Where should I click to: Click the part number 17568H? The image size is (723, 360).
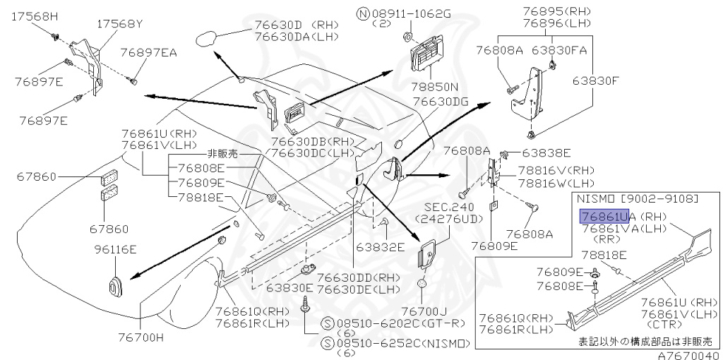pyautogui.click(x=35, y=16)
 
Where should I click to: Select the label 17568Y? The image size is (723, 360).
pyautogui.click(x=119, y=23)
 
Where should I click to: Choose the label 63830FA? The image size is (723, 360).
pyautogui.click(x=559, y=51)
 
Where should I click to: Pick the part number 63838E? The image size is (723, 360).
pyautogui.click(x=546, y=152)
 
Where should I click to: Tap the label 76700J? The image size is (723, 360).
pyautogui.click(x=424, y=311)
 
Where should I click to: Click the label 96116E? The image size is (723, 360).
pyautogui.click(x=115, y=249)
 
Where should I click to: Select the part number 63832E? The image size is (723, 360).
pyautogui.click(x=380, y=247)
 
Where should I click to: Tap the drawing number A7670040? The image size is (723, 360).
pyautogui.click(x=688, y=354)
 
